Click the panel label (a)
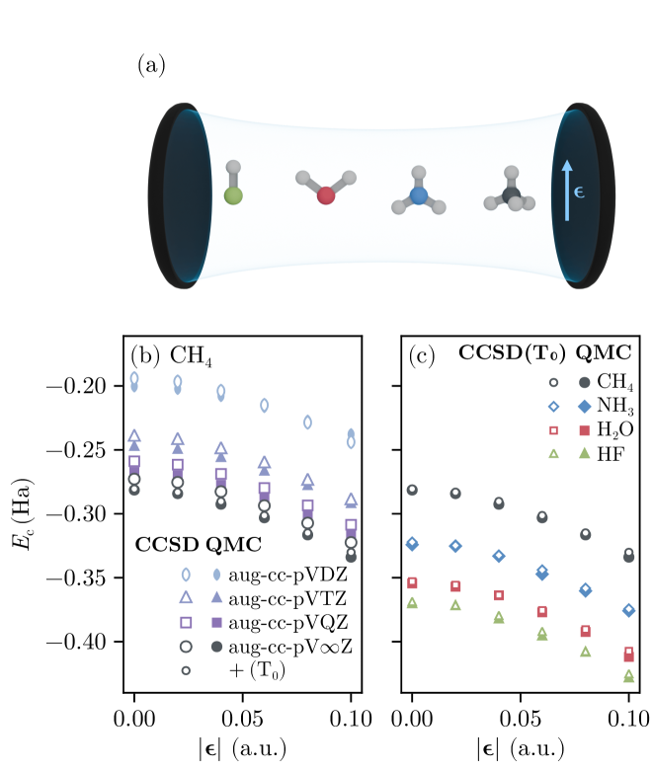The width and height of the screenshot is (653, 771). pyautogui.click(x=151, y=67)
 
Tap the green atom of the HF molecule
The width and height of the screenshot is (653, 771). pyautogui.click(x=233, y=195)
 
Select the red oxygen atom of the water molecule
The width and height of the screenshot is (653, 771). pyautogui.click(x=326, y=195)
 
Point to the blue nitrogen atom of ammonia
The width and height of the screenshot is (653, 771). pyautogui.click(x=418, y=196)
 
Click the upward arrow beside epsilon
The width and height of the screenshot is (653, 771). pyautogui.click(x=566, y=191)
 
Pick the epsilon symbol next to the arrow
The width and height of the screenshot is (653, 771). pyautogui.click(x=579, y=192)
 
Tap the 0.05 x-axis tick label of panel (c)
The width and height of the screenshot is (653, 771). pyautogui.click(x=522, y=717)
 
